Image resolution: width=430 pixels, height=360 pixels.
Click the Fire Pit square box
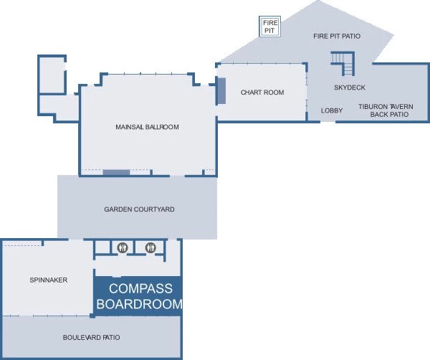click(270, 27)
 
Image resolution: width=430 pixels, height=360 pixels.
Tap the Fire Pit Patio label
click(337, 37)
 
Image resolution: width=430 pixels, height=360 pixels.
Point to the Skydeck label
click(350, 87)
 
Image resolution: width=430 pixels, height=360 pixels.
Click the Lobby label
click(332, 110)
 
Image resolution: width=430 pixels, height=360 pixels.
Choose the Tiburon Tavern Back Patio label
click(386, 110)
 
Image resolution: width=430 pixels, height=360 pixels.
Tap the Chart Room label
click(262, 93)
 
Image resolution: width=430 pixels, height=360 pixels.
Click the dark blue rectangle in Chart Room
click(221, 91)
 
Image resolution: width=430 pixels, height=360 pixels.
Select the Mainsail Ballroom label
click(147, 127)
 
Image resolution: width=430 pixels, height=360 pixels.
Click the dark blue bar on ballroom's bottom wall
click(116, 173)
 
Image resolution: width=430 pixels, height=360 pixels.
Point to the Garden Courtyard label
click(139, 209)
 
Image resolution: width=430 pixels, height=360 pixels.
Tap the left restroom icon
click(123, 247)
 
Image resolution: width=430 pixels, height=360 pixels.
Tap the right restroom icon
click(150, 247)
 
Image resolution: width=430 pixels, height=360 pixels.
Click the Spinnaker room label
click(49, 280)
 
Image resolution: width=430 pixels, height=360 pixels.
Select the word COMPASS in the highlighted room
click(140, 289)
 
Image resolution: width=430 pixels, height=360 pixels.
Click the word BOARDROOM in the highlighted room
click(140, 304)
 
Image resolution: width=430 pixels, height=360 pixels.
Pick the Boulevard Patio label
click(91, 338)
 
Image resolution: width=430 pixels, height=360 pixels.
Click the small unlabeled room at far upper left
click(52, 75)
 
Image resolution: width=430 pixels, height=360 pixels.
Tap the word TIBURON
click(371, 107)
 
